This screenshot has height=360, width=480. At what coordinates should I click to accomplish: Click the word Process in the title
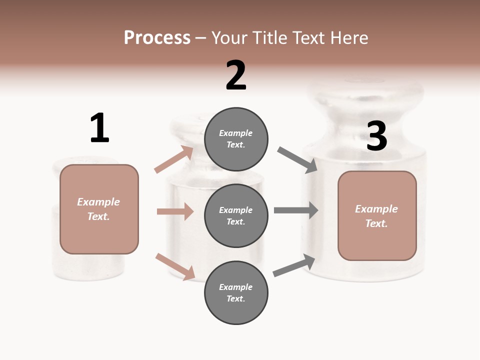point(157,37)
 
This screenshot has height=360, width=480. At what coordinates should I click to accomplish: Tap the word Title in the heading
point(268,37)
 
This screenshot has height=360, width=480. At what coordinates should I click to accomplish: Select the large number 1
point(99,128)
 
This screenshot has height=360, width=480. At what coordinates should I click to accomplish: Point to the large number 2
point(236,75)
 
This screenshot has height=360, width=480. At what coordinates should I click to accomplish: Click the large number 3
point(376,136)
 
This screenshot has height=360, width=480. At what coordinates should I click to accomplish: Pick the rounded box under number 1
point(99,209)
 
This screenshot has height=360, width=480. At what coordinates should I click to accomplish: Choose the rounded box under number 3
point(377,216)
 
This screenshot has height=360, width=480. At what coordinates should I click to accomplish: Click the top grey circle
point(236,139)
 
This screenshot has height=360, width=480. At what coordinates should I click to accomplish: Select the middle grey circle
point(236,215)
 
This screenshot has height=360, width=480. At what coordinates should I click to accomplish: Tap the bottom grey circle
point(236,293)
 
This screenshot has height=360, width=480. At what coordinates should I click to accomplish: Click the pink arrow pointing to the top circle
point(174,159)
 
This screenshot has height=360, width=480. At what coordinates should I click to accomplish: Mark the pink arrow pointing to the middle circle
point(175,211)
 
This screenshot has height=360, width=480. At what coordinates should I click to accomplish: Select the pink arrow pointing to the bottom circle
point(175,266)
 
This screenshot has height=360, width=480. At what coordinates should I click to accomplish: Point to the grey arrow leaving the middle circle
point(296,210)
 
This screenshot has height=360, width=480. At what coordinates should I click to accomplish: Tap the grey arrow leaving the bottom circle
point(294,265)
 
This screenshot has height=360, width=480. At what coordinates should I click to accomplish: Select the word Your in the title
point(229,37)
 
